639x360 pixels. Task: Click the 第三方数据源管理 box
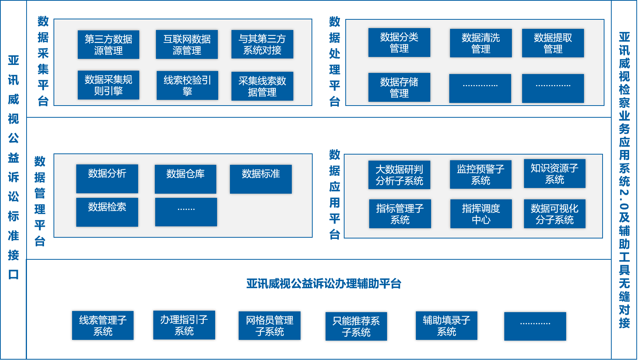point(109,45)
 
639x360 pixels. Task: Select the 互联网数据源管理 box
point(187,45)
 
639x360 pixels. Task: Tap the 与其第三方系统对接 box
point(262,44)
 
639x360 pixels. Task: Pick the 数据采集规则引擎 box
point(109,85)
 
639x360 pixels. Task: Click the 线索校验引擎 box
point(187,85)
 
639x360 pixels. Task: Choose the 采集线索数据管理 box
point(262,86)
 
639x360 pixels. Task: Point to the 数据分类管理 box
point(399,43)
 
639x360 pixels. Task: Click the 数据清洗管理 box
point(481,43)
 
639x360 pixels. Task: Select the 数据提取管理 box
point(553,43)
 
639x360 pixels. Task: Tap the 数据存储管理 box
point(399,87)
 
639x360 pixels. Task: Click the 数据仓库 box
point(186,179)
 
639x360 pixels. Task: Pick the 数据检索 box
point(107,212)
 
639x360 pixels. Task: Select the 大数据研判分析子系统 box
point(399,175)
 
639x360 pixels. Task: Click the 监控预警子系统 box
point(481,175)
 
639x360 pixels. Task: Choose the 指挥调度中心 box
point(481,214)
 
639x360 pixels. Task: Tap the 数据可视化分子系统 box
point(554,214)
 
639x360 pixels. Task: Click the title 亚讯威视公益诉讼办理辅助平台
point(324,284)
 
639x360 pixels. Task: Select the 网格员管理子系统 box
point(269,326)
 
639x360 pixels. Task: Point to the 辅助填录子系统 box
point(447,326)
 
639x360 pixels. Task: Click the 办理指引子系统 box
point(184,325)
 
